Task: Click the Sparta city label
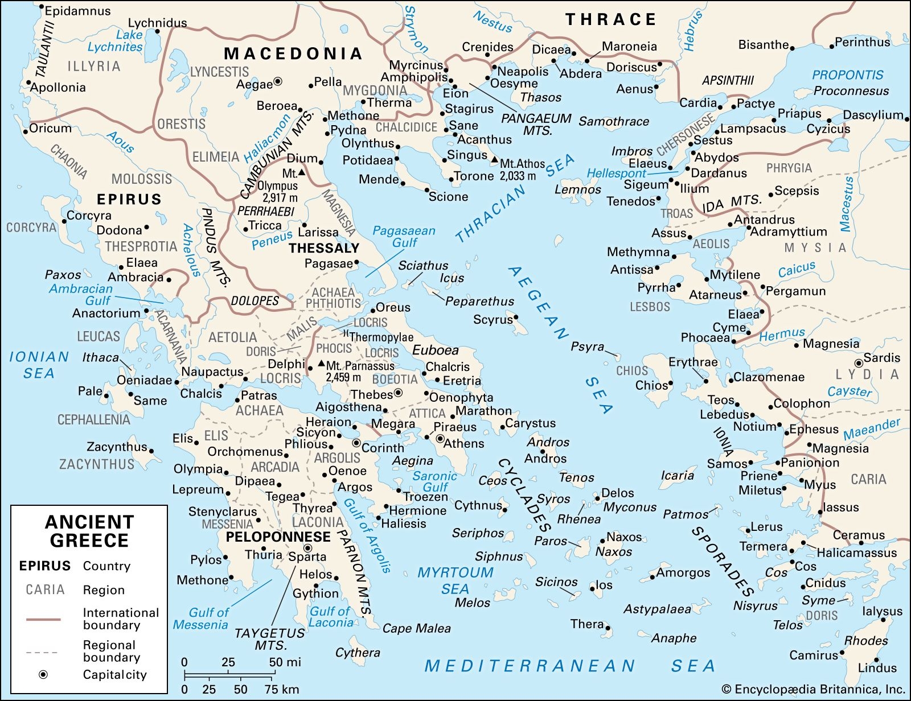click(307, 557)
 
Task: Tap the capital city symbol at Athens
click(440, 439)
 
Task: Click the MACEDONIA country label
click(293, 53)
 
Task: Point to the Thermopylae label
click(381, 337)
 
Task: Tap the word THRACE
click(611, 19)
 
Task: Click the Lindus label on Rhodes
click(877, 668)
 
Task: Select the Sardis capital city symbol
click(859, 363)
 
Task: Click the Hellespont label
click(616, 173)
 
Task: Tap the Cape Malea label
click(416, 629)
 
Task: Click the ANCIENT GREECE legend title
click(89, 531)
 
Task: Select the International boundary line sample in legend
click(43, 619)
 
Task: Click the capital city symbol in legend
click(43, 675)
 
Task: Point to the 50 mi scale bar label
click(285, 662)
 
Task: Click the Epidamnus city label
click(78, 11)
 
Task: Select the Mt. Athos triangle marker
click(494, 160)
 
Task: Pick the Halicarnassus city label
click(856, 552)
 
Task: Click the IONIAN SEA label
click(39, 365)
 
